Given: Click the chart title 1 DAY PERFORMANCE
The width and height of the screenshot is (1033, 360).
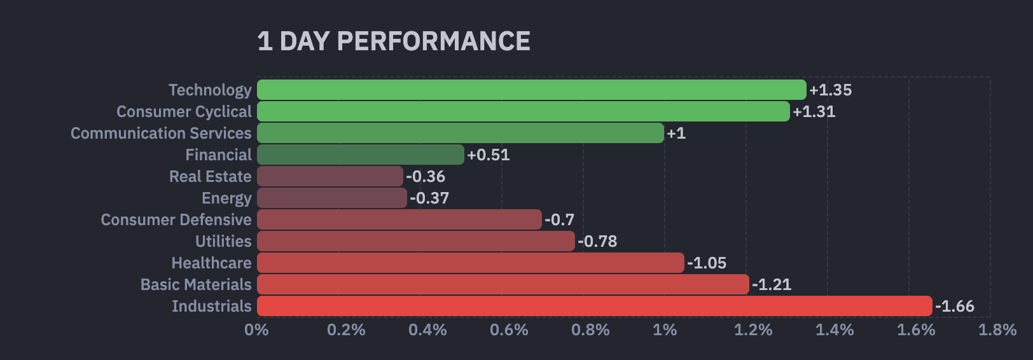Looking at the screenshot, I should (x=394, y=41).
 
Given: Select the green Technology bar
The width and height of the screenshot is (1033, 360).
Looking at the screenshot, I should (x=531, y=90).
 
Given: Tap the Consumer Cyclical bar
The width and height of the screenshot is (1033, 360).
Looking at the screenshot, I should (x=523, y=111).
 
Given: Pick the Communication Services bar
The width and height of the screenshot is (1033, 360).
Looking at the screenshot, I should (x=460, y=133).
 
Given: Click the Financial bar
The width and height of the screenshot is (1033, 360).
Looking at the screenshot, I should (x=360, y=155).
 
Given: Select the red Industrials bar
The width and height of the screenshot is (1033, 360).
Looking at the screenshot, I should (x=594, y=306).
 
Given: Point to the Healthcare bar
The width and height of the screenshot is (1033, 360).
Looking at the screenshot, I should (x=470, y=263).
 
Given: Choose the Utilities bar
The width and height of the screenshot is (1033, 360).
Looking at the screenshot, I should (x=415, y=241).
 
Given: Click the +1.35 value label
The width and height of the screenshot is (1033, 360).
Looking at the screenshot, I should (x=830, y=90).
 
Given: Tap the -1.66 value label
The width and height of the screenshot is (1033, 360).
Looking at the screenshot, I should (x=954, y=307).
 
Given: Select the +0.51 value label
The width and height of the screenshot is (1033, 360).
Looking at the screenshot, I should (x=488, y=155).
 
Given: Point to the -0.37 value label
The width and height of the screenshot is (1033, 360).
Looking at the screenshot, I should (x=429, y=198).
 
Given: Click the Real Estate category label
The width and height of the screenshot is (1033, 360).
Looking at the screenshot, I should (x=210, y=176).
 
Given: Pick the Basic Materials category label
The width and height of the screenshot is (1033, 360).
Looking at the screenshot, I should (x=196, y=284).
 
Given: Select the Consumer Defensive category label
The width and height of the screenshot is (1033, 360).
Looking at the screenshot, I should (x=176, y=219).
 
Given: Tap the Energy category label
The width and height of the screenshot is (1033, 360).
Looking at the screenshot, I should (x=226, y=198).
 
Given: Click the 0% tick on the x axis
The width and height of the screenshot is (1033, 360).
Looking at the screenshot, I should (x=256, y=330).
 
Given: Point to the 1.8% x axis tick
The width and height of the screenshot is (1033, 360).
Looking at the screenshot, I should (x=997, y=330).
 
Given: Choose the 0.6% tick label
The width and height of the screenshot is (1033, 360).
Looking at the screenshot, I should (x=509, y=330).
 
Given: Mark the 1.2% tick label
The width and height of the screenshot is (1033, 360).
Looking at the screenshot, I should (x=753, y=330).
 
